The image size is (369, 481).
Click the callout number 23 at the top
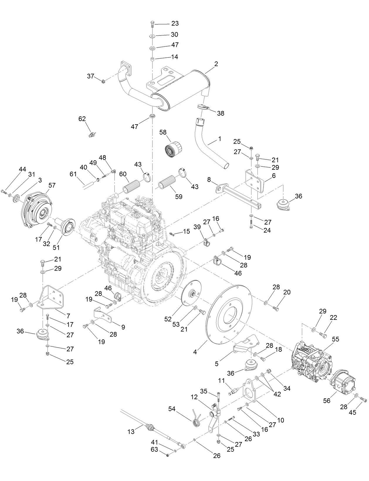(175, 23)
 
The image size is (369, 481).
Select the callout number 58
(163, 132)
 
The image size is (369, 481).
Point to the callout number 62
(82, 119)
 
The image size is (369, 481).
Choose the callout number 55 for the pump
(335, 339)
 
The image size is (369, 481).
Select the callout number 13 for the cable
(131, 431)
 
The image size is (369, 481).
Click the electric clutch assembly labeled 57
(37, 211)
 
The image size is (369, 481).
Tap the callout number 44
(23, 169)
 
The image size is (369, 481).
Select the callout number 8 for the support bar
(209, 180)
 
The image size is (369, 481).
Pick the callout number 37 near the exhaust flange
(91, 76)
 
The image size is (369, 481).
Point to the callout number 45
(352, 412)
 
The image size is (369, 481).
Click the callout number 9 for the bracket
(123, 327)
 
